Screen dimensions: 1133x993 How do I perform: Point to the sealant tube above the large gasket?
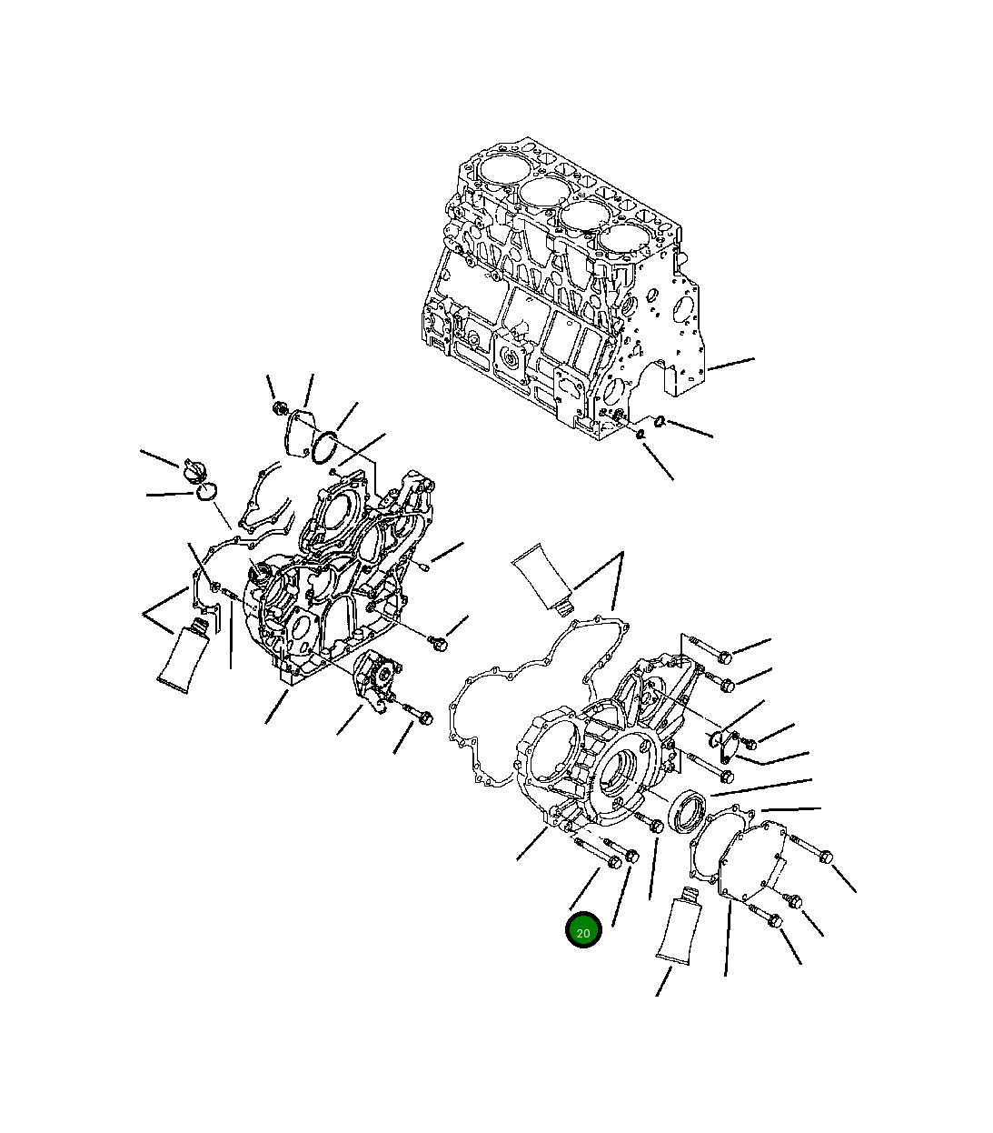pos(542,577)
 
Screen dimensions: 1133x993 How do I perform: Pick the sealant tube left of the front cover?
pos(187,655)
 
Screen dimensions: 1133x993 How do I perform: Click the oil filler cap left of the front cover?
pos(194,472)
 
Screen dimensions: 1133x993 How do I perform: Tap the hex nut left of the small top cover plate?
pos(280,408)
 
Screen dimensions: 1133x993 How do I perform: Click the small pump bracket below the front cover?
pos(374,678)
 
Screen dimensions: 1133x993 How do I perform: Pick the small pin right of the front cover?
pos(423,566)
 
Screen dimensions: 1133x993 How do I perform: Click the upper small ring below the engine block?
pos(660,420)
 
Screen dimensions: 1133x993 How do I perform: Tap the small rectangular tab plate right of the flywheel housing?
pos(724,746)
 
